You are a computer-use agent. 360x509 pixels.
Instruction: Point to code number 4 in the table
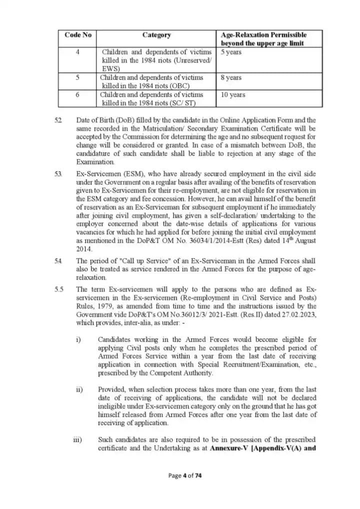click(x=77, y=51)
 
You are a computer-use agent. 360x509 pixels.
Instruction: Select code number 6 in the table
click(x=77, y=94)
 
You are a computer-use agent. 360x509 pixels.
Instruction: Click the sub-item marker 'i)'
click(x=78, y=340)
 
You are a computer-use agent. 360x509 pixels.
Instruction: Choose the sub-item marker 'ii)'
click(x=78, y=388)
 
